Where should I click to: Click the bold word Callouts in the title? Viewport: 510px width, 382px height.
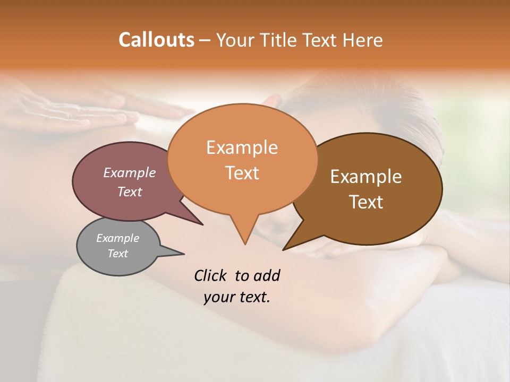click(x=156, y=40)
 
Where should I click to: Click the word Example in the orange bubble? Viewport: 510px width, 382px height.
click(x=242, y=147)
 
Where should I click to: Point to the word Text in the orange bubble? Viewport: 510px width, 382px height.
click(x=242, y=173)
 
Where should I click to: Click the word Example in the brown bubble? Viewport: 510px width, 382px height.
click(x=366, y=177)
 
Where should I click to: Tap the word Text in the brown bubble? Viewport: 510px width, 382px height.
click(x=367, y=202)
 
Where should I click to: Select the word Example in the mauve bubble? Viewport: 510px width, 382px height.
click(x=129, y=172)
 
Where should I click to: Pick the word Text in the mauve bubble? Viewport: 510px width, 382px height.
click(x=130, y=192)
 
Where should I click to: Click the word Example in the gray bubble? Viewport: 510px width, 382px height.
click(x=117, y=238)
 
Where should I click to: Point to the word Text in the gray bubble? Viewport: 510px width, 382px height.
click(x=118, y=254)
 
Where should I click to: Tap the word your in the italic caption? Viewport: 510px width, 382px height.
click(x=218, y=297)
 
